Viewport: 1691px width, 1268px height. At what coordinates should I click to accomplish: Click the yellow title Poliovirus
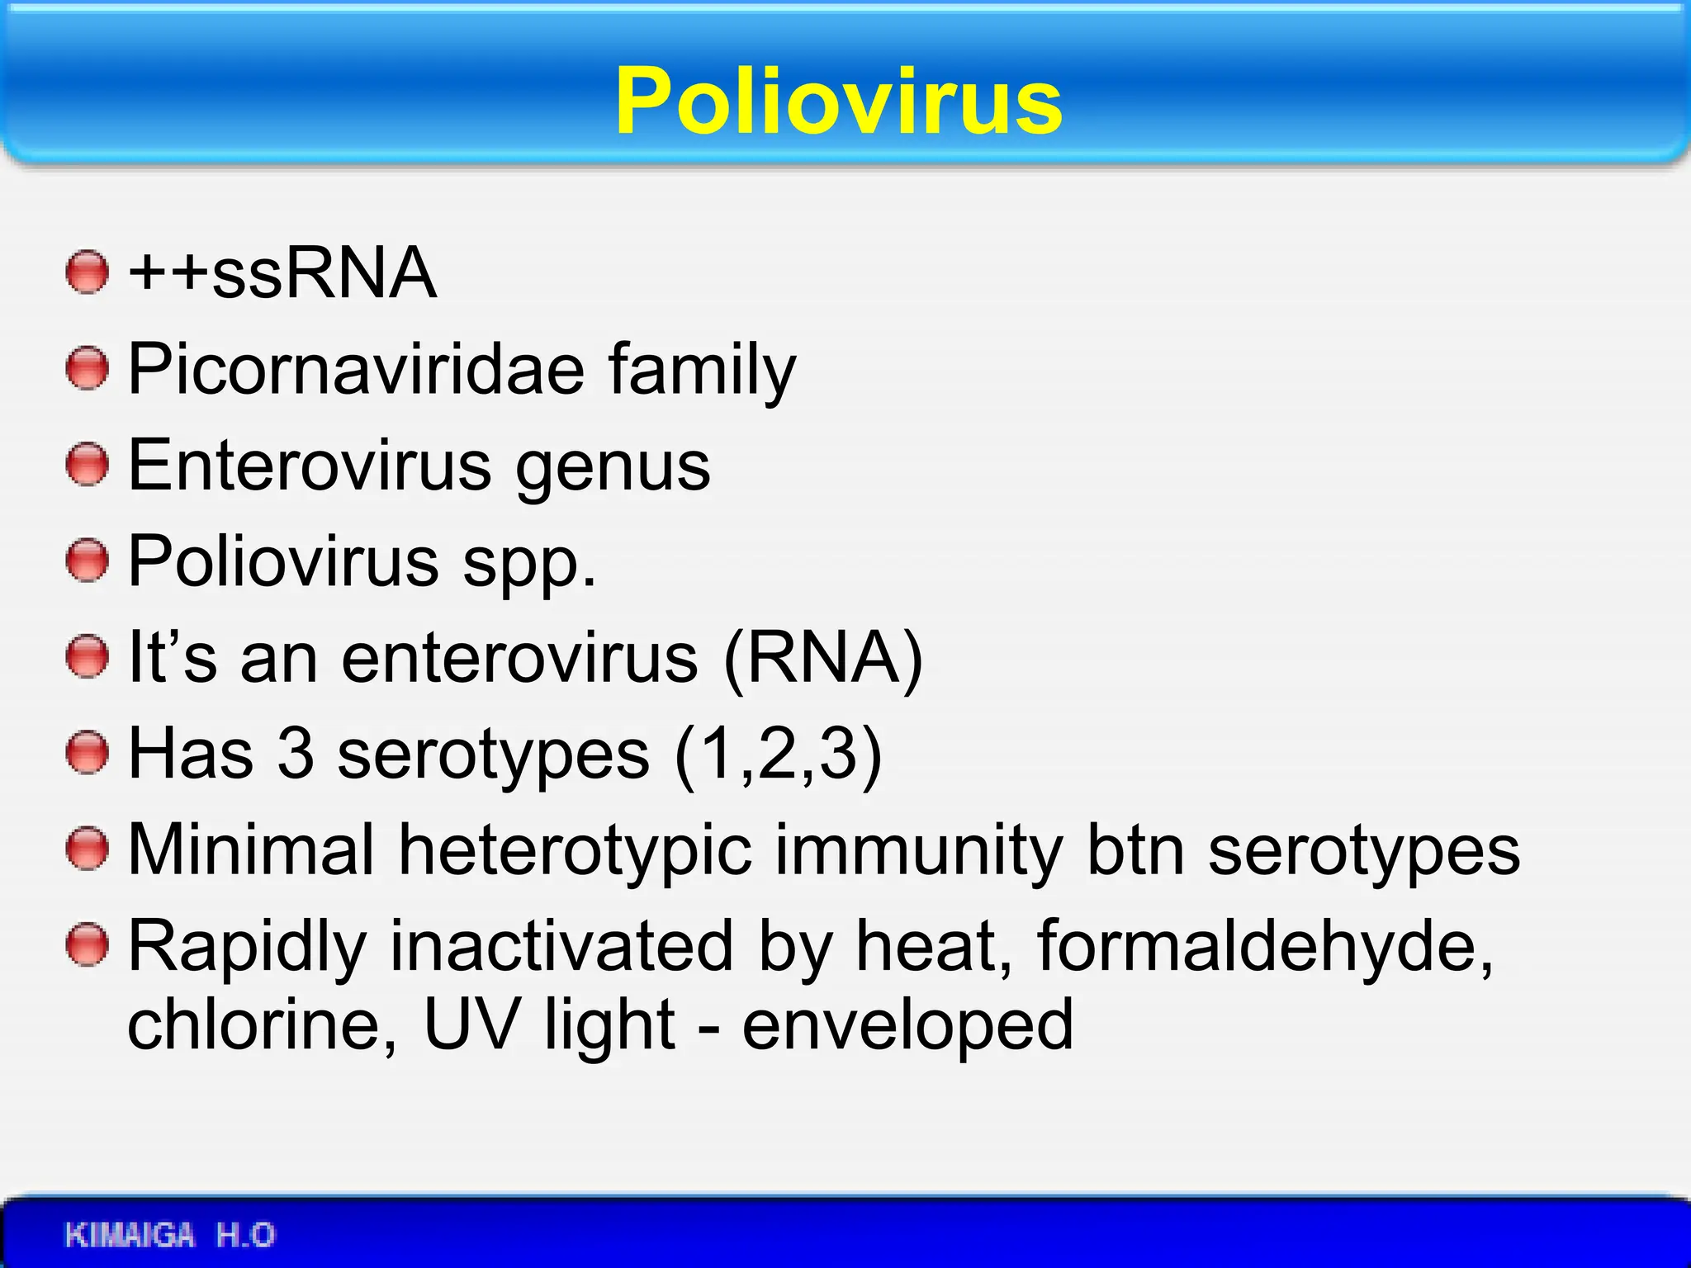(x=839, y=101)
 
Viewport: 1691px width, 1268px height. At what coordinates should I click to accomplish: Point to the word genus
(x=613, y=467)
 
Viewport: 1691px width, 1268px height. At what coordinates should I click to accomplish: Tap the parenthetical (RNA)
(x=822, y=659)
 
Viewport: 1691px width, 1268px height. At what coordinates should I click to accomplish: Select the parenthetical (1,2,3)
(x=778, y=754)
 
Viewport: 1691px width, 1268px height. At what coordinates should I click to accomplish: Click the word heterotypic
(x=575, y=850)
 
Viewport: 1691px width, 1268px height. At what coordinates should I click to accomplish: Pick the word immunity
(x=918, y=850)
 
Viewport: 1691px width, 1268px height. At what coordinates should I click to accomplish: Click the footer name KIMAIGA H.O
(x=170, y=1235)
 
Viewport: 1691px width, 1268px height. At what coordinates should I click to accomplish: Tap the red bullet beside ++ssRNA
(x=87, y=272)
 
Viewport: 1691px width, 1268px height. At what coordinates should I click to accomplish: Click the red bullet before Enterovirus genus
(x=87, y=465)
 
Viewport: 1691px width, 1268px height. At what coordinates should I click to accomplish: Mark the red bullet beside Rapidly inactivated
(x=87, y=945)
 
